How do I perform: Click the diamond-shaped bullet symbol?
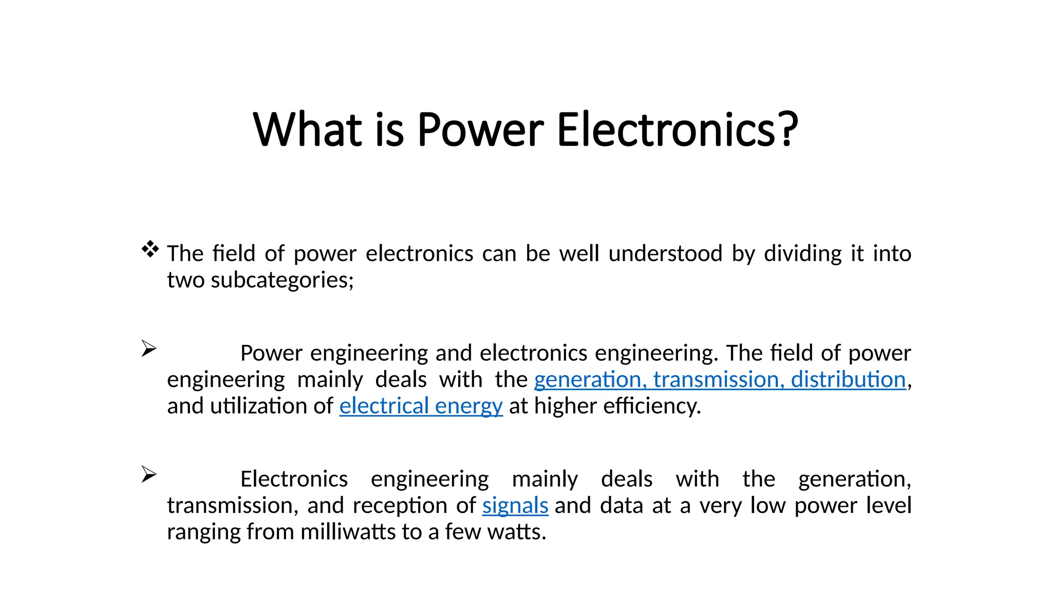pos(150,249)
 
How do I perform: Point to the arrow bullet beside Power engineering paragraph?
pos(148,348)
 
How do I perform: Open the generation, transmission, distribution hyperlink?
pos(720,380)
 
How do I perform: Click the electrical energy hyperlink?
pos(421,406)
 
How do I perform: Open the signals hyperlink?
pos(515,506)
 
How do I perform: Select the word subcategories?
pos(282,281)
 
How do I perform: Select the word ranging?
pos(203,532)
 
